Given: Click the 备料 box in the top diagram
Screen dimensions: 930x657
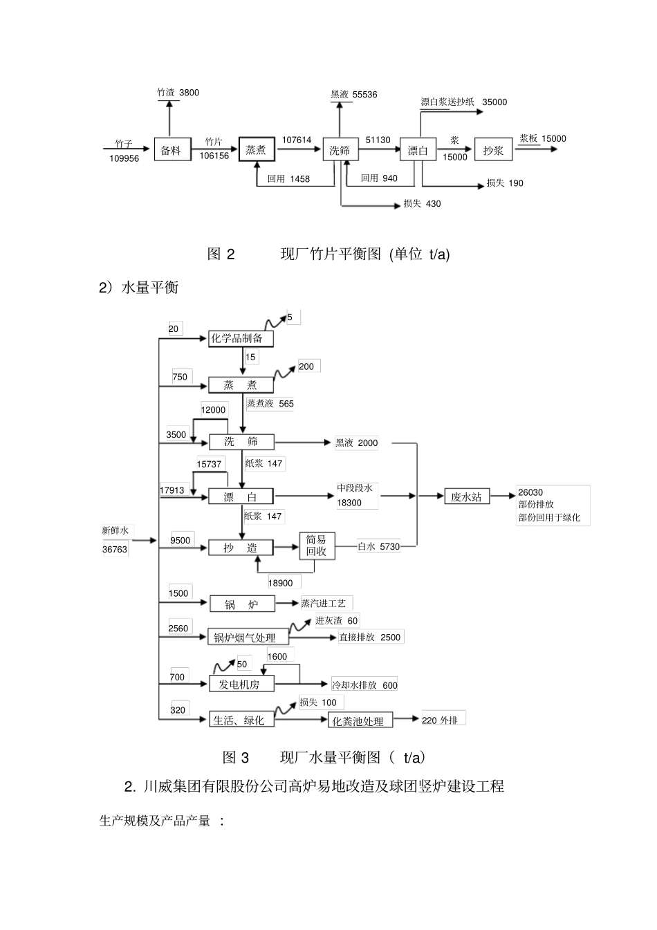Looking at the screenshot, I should (x=170, y=151).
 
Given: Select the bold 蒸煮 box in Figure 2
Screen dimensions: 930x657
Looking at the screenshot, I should (x=256, y=150).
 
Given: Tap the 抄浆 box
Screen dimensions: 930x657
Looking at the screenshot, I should (x=493, y=151).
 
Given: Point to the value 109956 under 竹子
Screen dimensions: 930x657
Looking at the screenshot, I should (x=124, y=158).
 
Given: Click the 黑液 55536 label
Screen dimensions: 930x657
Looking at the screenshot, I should (x=353, y=95).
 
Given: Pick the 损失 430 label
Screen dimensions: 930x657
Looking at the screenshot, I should (x=422, y=204).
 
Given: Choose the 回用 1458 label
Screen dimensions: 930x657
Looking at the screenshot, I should (x=288, y=179).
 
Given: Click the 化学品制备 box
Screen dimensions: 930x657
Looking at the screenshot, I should (x=241, y=338).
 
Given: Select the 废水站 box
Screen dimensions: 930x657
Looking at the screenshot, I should (x=466, y=496).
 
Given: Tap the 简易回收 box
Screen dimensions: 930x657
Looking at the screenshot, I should (x=316, y=546).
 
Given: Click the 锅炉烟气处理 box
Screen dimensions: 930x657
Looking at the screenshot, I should (x=248, y=638).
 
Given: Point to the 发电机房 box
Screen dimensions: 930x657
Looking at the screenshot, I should (x=241, y=684).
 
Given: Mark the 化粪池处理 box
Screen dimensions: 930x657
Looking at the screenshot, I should (x=360, y=721).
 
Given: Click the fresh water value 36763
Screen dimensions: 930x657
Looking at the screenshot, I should (x=115, y=550).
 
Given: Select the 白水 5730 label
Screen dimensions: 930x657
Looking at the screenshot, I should (x=378, y=547).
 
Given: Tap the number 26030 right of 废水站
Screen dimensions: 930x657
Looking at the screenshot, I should (x=530, y=493).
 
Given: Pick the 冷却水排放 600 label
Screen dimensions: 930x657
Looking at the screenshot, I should (x=364, y=685).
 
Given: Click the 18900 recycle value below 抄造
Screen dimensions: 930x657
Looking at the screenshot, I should (x=280, y=583).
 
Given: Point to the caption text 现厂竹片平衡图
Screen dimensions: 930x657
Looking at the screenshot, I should (x=331, y=254).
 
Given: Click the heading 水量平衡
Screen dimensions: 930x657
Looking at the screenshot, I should (x=149, y=288).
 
